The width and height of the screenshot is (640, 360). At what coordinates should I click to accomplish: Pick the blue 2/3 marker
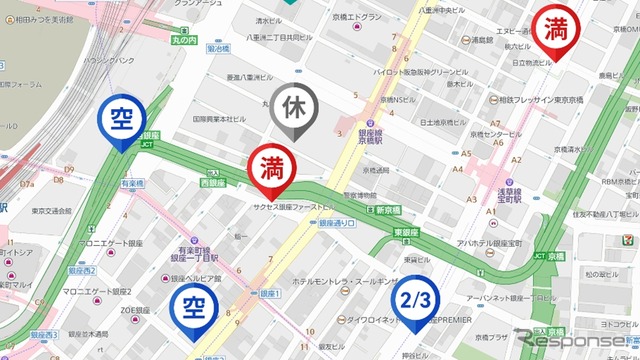click(x=417, y=300)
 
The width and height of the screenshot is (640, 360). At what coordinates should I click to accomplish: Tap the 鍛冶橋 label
click(x=218, y=48)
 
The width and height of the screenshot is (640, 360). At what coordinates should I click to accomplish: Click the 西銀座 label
click(x=214, y=183)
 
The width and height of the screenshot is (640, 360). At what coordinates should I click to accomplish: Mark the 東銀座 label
click(x=405, y=233)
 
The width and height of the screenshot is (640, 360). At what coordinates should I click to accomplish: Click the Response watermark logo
click(x=576, y=340)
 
